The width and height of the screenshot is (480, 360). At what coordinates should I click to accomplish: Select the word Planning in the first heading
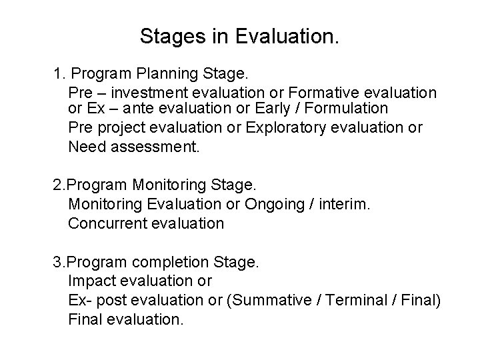point(153,73)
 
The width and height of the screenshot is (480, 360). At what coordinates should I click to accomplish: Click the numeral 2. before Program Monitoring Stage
point(59,184)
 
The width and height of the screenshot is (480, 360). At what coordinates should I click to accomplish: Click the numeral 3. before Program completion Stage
point(59,262)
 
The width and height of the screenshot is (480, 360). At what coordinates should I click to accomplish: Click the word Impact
point(90,281)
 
